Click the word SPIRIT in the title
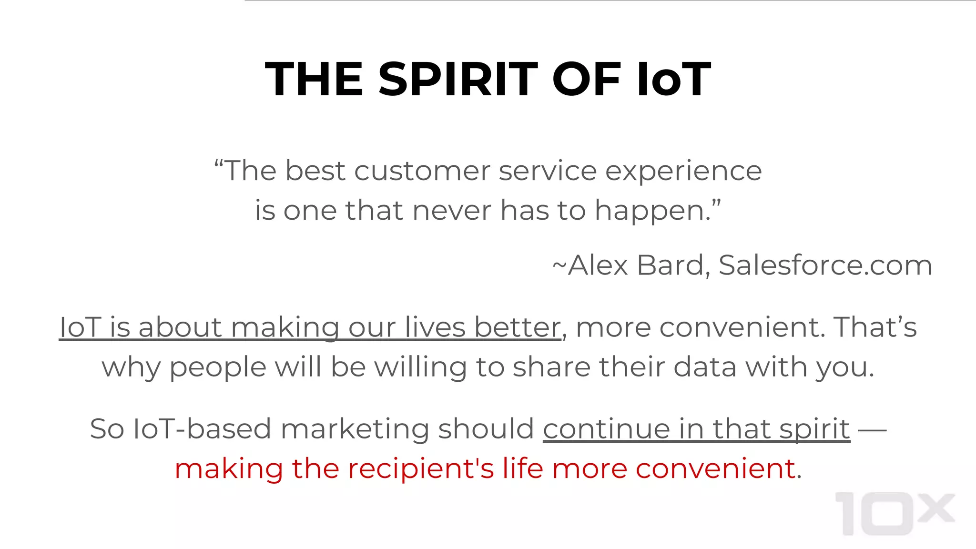pyautogui.click(x=458, y=80)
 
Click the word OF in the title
pyautogui.click(x=587, y=80)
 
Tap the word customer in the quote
pyautogui.click(x=422, y=171)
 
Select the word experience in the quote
pyautogui.click(x=683, y=171)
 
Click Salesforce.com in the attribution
pyautogui.click(x=825, y=265)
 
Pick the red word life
pyautogui.click(x=522, y=468)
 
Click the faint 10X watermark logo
pyautogui.click(x=894, y=513)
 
